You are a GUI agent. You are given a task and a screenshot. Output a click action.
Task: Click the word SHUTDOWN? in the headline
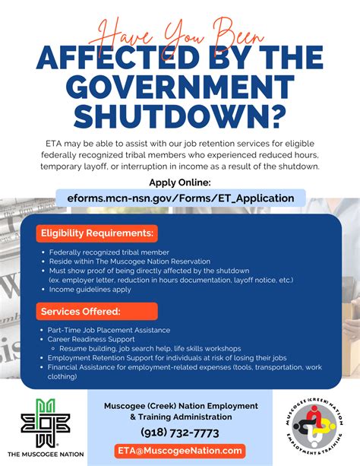[180, 116]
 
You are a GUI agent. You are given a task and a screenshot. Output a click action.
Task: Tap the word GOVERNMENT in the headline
[180, 86]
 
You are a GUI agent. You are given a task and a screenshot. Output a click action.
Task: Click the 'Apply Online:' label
[180, 182]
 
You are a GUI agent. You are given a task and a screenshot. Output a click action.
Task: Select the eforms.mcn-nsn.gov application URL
[180, 198]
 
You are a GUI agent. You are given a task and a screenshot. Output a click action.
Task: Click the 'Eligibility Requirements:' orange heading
[97, 232]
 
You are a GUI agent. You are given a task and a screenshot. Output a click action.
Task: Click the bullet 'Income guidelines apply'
[90, 289]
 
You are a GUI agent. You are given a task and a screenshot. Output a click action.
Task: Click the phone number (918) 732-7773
[180, 433]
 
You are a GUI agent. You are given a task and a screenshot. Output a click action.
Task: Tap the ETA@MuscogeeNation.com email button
[180, 451]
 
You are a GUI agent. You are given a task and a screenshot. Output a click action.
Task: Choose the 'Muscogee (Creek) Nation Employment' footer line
[180, 405]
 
